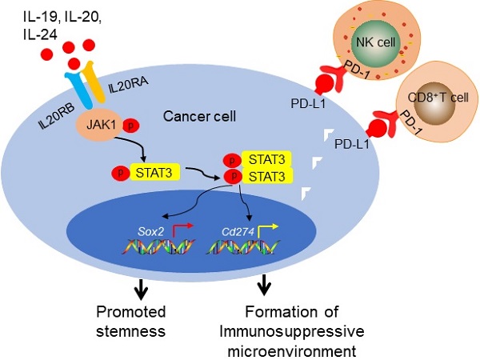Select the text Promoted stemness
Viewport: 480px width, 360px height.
[x=130, y=321]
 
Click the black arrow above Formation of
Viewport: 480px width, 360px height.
[x=263, y=284]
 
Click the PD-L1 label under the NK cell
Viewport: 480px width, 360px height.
[x=310, y=102]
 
